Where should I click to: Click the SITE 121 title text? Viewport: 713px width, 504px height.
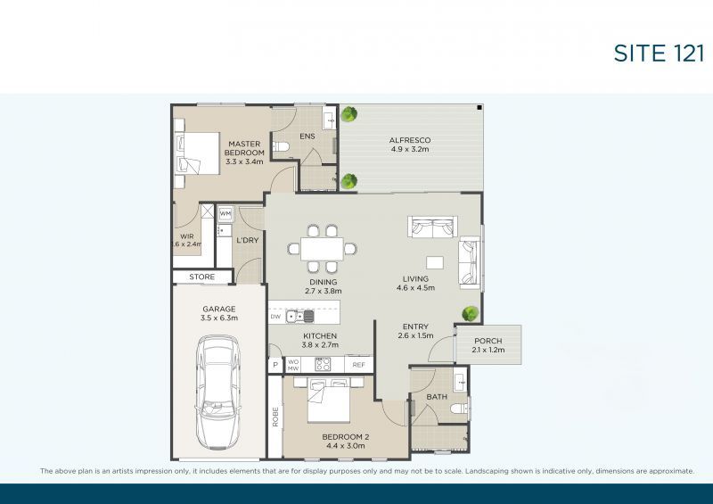pos(659,53)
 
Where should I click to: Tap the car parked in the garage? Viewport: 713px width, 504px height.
pos(218,390)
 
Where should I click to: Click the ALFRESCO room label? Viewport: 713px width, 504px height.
pos(410,141)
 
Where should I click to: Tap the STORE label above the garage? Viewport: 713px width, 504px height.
pos(202,277)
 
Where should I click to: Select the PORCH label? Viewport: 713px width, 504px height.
pos(488,342)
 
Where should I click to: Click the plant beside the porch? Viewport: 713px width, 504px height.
pos(469,314)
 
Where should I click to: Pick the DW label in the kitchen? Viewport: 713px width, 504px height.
pos(275,317)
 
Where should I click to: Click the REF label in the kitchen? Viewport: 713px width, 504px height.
pos(358,365)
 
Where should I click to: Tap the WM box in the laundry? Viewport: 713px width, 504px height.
pos(225,214)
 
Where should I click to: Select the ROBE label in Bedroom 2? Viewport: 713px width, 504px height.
pos(275,417)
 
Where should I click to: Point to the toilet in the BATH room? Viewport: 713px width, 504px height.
pos(457,409)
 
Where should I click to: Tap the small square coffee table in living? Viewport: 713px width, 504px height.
pos(435,263)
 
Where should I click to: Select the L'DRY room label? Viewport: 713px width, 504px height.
pos(247,241)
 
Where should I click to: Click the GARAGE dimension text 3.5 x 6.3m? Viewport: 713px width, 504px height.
pos(217,318)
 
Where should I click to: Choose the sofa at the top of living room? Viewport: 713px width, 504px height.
pos(430,227)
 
